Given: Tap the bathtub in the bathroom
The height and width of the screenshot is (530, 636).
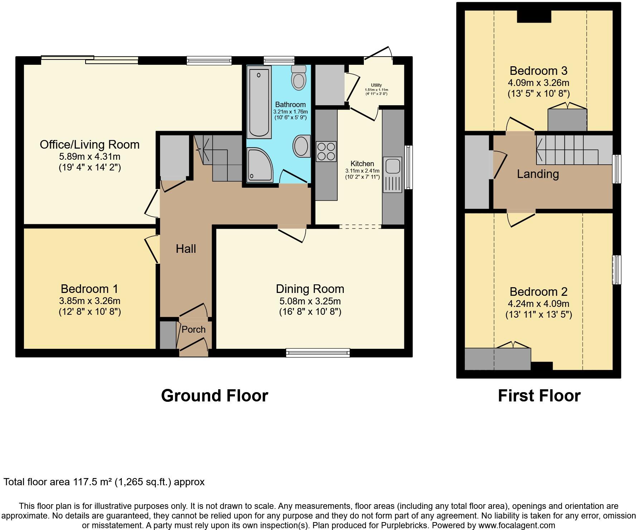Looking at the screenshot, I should point(259,103).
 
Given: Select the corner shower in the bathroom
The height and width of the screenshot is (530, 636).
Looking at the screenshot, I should point(259,165).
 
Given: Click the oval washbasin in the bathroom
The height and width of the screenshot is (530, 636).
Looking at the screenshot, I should point(302,146).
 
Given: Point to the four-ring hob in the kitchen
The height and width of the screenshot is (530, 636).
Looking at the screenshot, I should point(326,151).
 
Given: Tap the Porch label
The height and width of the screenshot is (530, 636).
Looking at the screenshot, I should point(193,329).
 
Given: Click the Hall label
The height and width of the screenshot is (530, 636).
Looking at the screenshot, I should point(185,249).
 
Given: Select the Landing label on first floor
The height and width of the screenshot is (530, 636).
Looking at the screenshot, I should point(538,174).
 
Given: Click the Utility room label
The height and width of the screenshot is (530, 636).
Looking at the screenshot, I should point(376,85).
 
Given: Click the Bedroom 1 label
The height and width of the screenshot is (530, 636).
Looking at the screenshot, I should point(89,289).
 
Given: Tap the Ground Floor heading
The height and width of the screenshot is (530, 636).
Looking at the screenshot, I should point(214,396).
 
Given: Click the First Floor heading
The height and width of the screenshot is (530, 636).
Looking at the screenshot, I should point(539,396).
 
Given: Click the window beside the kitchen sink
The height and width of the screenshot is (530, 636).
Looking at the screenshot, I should point(408,167).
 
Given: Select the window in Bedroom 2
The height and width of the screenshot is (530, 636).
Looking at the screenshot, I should point(616,270).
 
